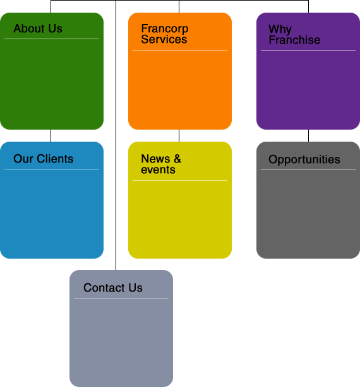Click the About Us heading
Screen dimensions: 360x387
(38, 28)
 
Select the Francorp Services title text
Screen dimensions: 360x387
(165, 34)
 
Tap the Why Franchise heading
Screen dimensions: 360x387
(294, 35)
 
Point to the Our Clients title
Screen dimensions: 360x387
(44, 159)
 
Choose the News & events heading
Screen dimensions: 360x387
(161, 164)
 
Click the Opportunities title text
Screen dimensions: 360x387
(304, 159)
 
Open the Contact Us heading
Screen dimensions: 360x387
(113, 288)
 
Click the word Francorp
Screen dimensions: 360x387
(165, 28)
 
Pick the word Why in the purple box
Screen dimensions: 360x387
(280, 29)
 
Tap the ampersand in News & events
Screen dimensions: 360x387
(177, 159)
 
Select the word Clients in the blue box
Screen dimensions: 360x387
(55, 159)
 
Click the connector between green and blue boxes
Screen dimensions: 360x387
(51, 135)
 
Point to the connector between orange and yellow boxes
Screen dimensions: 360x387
(179, 135)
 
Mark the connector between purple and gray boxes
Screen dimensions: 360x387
(308, 135)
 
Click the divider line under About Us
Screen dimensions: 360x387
(52, 39)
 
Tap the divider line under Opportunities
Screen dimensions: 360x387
(308, 169)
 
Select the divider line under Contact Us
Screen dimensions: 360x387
(121, 298)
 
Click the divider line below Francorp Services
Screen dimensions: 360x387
(180, 50)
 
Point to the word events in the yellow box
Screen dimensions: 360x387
(158, 170)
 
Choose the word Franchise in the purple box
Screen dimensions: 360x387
(294, 40)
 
